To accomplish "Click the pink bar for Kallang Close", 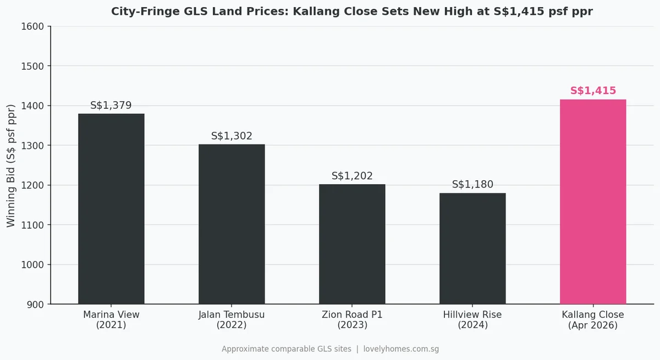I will [593, 202].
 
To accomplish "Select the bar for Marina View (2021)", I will [111, 209].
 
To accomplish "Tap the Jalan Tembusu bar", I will [232, 224].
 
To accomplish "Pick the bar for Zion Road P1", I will [352, 244].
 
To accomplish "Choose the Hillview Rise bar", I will [472, 248].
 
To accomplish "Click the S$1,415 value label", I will [593, 91].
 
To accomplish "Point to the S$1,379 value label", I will [111, 106].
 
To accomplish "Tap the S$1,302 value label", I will [232, 136].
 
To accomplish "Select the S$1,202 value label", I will [352, 176].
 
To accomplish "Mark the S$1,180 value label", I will [472, 185].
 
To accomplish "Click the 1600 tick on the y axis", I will [35, 26].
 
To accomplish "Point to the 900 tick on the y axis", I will [37, 304].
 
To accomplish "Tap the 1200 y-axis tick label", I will [35, 185].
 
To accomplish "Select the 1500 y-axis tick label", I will [35, 66].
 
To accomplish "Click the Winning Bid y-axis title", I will [12, 165].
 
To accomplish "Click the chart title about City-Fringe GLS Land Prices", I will [352, 12].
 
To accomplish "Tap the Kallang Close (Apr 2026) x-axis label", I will [593, 320].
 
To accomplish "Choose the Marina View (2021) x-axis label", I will [111, 320].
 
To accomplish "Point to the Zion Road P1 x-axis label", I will [352, 320].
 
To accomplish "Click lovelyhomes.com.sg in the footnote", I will [401, 349].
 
